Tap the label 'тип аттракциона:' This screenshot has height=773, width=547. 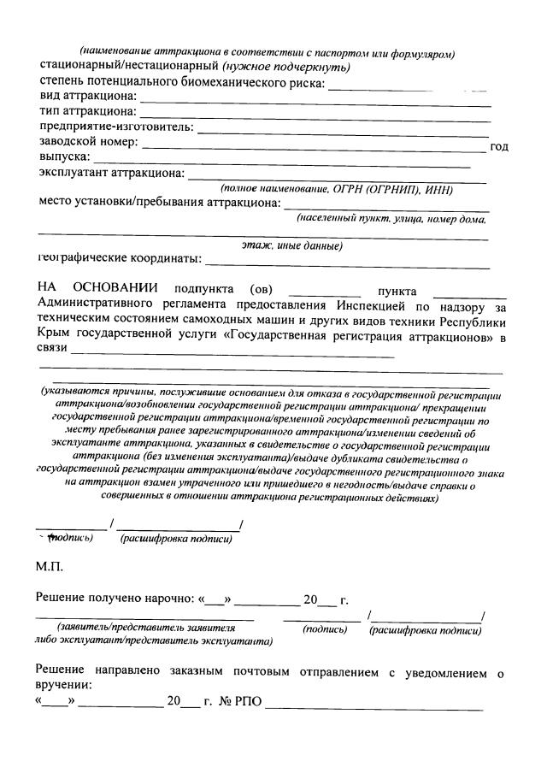point(87,112)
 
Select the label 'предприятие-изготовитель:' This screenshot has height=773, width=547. point(115,127)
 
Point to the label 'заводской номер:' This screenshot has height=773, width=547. point(88,142)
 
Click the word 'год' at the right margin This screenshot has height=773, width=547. point(499,147)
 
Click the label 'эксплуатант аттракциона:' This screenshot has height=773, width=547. point(111,174)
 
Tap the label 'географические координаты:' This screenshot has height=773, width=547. point(120,258)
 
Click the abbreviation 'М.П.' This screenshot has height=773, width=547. point(50,567)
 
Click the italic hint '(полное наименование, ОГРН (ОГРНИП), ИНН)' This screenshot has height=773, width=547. point(336,188)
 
